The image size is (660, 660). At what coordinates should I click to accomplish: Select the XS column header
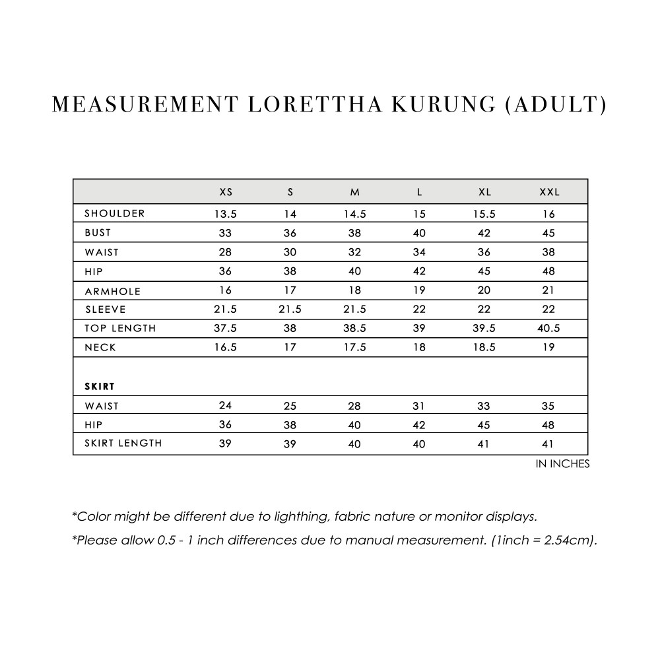(226, 193)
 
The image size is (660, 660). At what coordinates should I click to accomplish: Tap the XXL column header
(549, 193)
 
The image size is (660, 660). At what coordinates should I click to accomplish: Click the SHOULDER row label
(114, 214)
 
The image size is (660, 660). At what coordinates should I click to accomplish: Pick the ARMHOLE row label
(112, 291)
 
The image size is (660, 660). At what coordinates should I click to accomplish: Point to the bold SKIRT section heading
(100, 386)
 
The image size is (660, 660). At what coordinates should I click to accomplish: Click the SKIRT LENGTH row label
(123, 444)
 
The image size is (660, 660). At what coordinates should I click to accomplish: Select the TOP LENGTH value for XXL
(549, 329)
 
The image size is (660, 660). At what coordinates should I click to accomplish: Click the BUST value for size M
(355, 233)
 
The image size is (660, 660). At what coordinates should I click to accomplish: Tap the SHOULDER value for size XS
(225, 214)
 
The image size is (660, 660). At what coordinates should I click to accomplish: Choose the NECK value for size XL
(484, 348)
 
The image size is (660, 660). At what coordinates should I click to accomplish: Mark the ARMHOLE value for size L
(420, 290)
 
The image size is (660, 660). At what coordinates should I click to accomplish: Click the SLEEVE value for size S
(290, 310)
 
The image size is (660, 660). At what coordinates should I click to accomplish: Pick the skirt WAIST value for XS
(225, 406)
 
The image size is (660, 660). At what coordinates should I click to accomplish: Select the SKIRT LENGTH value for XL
(484, 444)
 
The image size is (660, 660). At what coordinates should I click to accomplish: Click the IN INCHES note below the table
(562, 464)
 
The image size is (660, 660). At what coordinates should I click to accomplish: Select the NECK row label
(100, 348)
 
